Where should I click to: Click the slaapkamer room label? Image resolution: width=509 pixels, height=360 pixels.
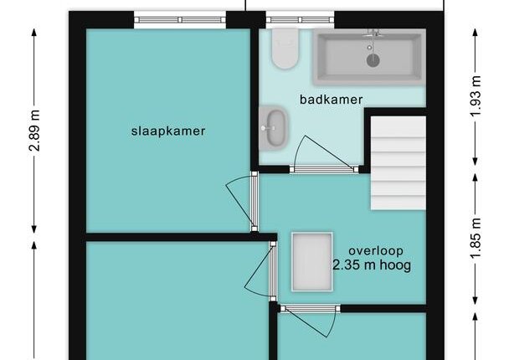[x=168, y=131]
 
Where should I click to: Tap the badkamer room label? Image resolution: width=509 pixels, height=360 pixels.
[x=332, y=100]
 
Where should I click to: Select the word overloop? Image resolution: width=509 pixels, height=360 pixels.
[x=376, y=250]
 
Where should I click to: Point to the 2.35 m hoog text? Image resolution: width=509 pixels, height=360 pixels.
[x=372, y=265]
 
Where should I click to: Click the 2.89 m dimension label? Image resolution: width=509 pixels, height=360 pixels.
[x=34, y=131]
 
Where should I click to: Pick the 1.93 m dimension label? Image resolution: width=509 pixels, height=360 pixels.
[x=476, y=96]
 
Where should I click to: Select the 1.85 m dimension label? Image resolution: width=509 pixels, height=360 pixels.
[x=476, y=238]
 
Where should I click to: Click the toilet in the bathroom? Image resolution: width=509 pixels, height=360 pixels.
[x=285, y=49]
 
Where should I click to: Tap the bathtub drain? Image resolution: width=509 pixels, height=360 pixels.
[x=373, y=60]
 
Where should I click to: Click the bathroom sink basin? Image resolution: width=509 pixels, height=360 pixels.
[x=276, y=128]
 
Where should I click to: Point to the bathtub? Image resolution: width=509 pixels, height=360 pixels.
[x=369, y=57]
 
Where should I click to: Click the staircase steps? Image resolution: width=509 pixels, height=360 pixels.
[x=398, y=163]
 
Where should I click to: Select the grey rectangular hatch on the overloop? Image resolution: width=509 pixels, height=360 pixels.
[x=312, y=262]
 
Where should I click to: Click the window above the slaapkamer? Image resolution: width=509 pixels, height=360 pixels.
[x=180, y=20]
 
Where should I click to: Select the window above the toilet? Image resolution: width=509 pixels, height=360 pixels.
[x=300, y=20]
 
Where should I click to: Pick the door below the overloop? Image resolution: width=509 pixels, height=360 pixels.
[x=310, y=321]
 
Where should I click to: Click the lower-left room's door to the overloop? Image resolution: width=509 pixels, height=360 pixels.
[x=260, y=270]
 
